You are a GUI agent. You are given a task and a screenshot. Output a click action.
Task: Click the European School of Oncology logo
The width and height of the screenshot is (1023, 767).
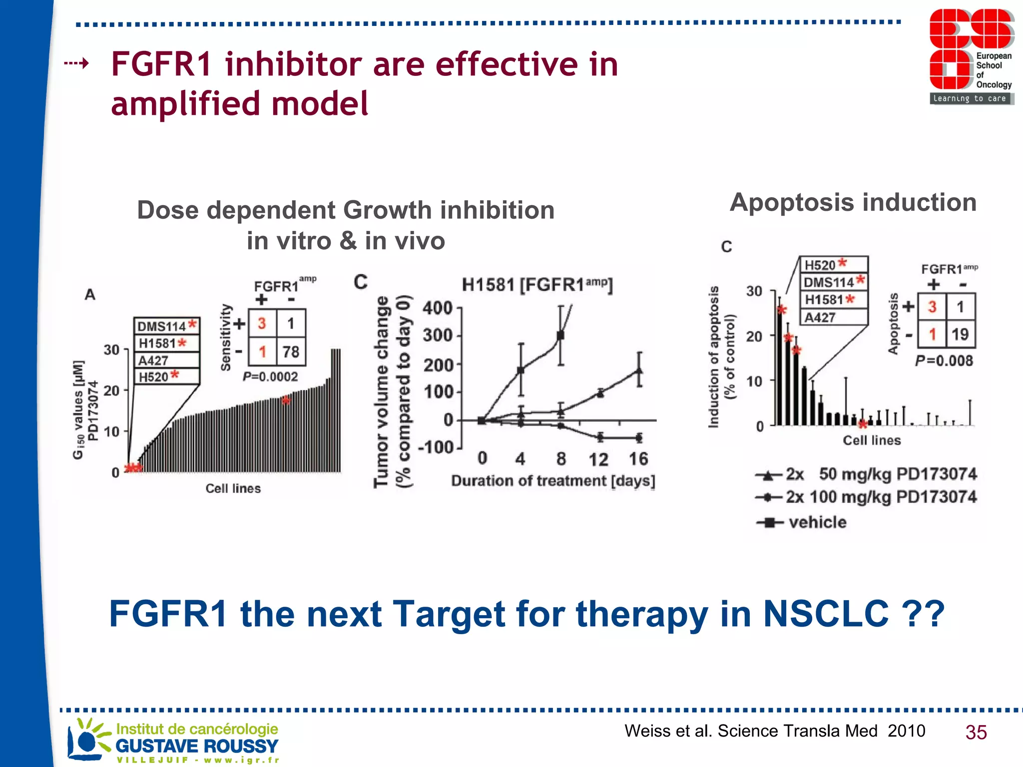[x=971, y=56]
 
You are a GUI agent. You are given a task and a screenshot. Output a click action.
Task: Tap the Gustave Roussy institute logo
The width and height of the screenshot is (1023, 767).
[x=173, y=741]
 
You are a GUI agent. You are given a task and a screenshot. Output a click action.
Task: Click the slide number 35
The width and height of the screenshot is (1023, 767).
[x=976, y=732]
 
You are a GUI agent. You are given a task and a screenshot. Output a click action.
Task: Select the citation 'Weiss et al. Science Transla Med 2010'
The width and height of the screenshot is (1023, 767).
[x=774, y=731]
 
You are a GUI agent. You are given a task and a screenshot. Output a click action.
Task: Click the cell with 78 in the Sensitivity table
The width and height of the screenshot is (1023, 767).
[x=291, y=352]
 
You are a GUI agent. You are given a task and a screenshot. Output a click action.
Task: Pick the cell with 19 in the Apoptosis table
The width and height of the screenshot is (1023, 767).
[x=960, y=334]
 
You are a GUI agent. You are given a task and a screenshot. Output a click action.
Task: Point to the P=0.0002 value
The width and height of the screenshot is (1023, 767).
[x=270, y=377]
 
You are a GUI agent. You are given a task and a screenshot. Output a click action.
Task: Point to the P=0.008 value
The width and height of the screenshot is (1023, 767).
[x=944, y=361]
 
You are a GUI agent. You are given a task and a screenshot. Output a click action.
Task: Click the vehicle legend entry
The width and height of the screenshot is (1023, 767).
[x=817, y=522]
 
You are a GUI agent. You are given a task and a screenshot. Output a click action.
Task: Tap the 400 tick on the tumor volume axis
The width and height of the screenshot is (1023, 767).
[x=437, y=308]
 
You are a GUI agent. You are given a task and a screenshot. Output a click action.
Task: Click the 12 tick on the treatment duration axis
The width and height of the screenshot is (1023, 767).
[x=598, y=459]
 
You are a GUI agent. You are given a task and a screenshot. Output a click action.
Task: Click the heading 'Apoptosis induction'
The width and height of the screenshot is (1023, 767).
[x=853, y=202]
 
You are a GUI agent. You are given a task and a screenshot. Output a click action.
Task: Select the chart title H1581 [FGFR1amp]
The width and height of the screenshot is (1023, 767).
[x=537, y=285]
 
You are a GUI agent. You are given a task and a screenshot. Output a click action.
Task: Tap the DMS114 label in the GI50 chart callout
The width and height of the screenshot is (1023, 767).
[x=161, y=326]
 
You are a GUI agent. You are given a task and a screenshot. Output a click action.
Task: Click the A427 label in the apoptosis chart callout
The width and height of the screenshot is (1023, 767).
[x=820, y=318]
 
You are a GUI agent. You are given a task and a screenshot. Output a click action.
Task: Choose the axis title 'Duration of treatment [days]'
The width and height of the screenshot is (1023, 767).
[x=553, y=481]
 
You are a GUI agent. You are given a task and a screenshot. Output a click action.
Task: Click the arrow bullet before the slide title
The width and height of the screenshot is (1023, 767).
[x=76, y=63]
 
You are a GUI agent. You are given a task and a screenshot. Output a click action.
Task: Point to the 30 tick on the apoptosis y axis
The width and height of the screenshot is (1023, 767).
[x=754, y=291]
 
